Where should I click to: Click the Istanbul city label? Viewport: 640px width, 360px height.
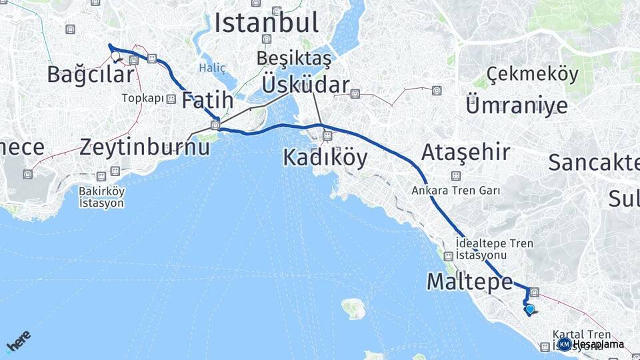tap(266, 23)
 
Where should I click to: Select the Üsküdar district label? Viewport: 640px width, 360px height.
tap(305, 85)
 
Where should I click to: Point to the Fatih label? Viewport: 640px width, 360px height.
tap(207, 100)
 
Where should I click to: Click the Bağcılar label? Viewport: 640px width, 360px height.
tap(91, 75)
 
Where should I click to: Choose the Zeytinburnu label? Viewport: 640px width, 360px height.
tap(144, 147)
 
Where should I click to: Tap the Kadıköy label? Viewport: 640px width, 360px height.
tap(325, 157)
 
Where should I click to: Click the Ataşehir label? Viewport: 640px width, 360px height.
tap(465, 153)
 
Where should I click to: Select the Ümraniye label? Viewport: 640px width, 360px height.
tap(517, 105)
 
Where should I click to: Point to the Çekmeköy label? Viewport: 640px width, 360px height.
tap(533, 74)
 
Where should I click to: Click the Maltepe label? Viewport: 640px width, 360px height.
tap(469, 281)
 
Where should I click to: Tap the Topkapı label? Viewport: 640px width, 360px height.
tap(143, 99)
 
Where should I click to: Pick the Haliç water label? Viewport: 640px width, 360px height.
tap(213, 68)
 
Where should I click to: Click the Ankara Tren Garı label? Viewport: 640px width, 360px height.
tap(456, 190)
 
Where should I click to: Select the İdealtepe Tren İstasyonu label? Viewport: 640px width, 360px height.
tap(494, 249)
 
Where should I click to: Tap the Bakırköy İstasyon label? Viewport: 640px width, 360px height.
tap(101, 197)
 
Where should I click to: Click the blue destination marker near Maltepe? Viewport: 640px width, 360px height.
tap(530, 309)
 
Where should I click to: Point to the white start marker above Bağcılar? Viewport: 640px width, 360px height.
tap(115, 56)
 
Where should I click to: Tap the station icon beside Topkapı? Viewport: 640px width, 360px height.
tap(171, 99)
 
